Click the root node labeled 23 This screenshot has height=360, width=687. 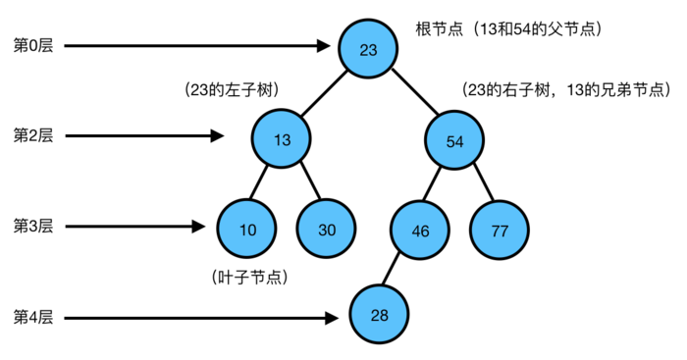[368, 49]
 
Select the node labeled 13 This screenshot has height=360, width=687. [282, 139]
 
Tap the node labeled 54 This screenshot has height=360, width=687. [454, 140]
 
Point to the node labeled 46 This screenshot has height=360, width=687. [419, 231]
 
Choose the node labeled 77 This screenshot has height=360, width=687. [499, 231]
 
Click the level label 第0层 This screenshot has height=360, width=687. [32, 46]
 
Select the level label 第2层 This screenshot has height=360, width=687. [32, 136]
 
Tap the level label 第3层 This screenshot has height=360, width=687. [32, 227]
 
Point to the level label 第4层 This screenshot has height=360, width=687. [32, 317]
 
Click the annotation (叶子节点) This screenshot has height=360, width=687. [249, 278]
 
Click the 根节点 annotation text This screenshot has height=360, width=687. [508, 29]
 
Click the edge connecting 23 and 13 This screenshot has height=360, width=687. [325, 94]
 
